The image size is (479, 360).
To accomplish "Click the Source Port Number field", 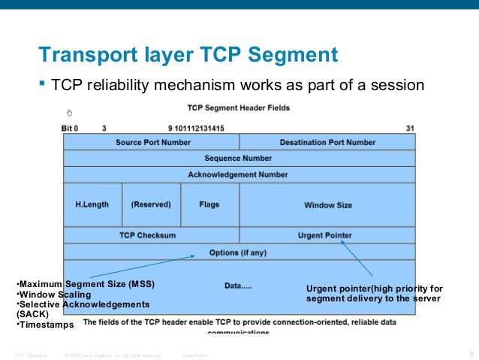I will click(152, 142).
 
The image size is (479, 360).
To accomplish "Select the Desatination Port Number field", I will click(327, 142).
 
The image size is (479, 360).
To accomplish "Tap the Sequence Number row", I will click(238, 159).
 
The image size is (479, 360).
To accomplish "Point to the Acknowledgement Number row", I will click(238, 174).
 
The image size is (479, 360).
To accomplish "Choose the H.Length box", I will click(92, 204).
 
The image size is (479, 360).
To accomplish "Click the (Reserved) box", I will click(151, 204).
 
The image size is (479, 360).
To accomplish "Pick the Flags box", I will click(209, 204).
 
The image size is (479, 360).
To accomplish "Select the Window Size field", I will click(327, 205).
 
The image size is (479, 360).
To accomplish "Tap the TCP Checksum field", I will click(148, 235).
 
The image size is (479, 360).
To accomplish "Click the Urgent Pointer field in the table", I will click(324, 235).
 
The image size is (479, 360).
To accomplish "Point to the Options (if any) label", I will click(238, 253).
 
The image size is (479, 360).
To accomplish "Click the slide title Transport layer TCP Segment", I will click(188, 55).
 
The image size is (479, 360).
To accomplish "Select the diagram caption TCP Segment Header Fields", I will click(238, 108).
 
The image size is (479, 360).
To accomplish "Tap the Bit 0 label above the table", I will click(70, 129).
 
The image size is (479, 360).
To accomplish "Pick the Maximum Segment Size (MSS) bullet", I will click(87, 283).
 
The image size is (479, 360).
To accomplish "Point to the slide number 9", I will click(471, 354).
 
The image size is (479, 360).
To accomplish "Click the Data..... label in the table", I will click(238, 286).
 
